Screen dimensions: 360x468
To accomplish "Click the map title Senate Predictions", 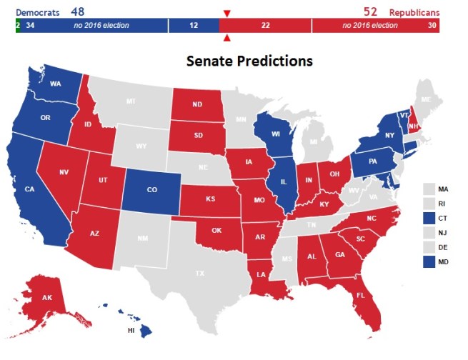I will pyautogui.click(x=249, y=61).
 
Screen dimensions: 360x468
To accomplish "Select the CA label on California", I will pyautogui.click(x=30, y=189).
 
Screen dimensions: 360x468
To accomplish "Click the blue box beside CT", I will pyautogui.click(x=428, y=216).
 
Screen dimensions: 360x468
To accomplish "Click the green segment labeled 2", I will pyautogui.click(x=17, y=26).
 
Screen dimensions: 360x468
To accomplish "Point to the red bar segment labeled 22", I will pyautogui.click(x=265, y=26).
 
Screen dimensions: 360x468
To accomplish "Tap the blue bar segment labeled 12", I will pyautogui.click(x=194, y=26).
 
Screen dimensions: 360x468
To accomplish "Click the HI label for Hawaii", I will pyautogui.click(x=131, y=331).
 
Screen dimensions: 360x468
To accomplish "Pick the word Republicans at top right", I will pyautogui.click(x=414, y=12).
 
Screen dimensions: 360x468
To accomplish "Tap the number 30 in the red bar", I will pyautogui.click(x=432, y=26).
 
